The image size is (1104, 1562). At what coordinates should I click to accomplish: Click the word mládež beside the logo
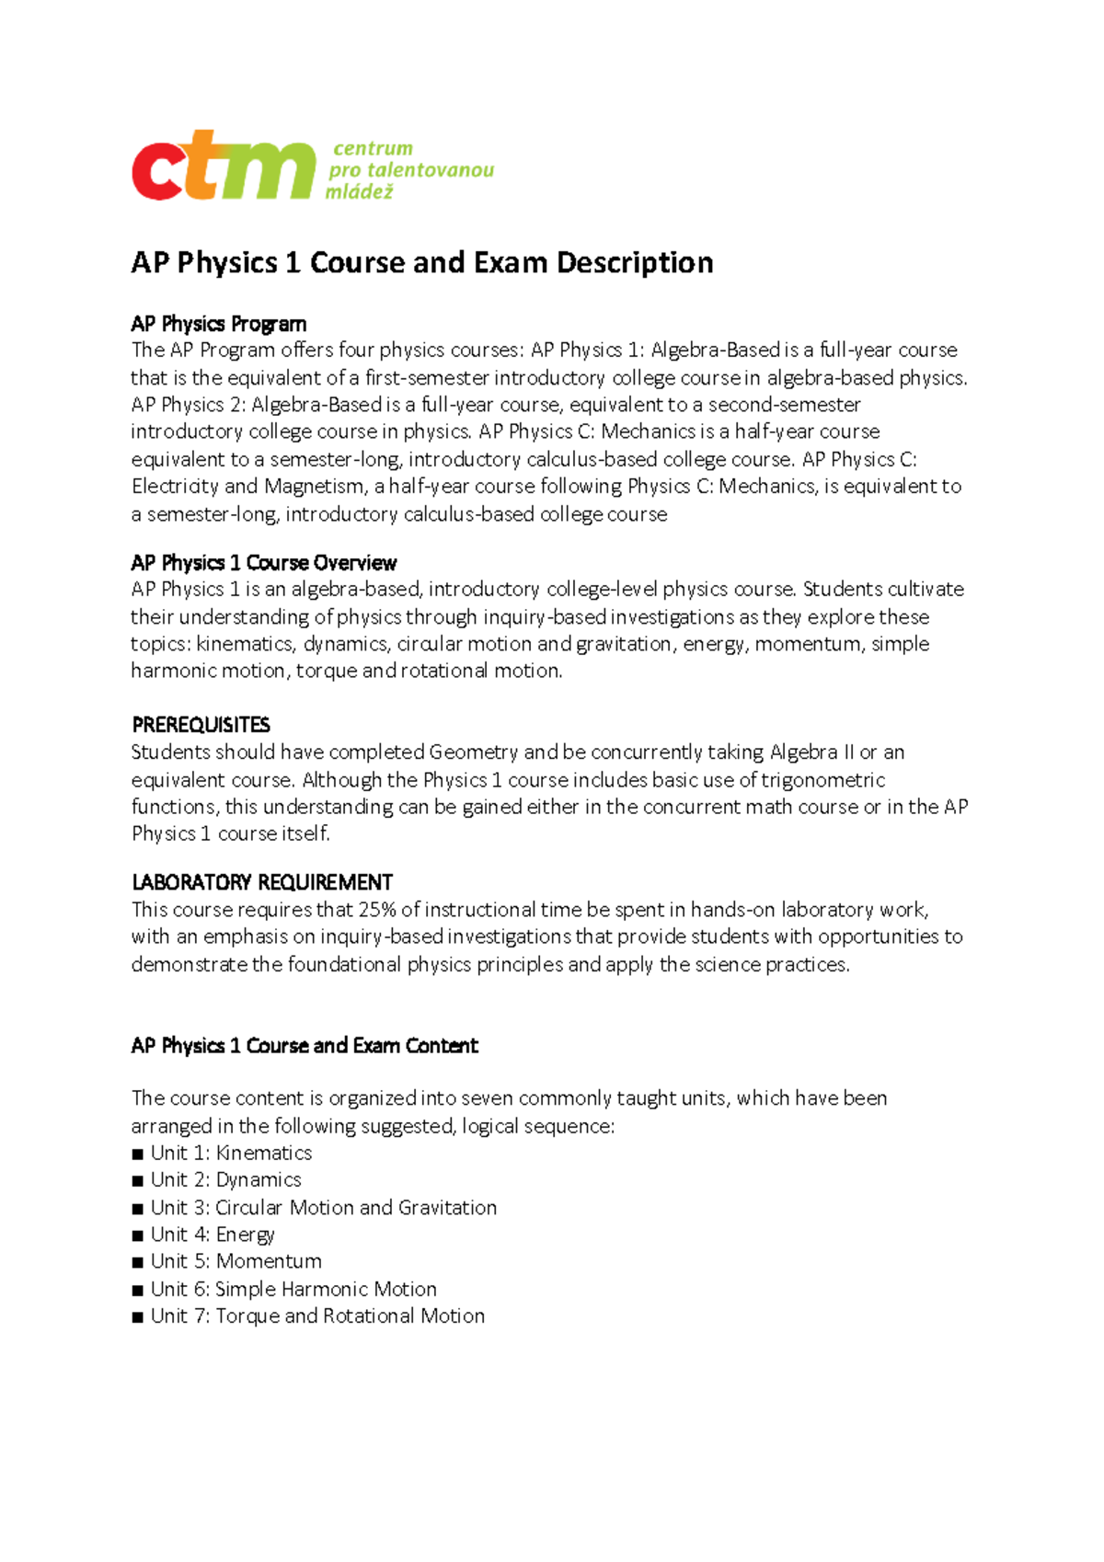click(x=359, y=191)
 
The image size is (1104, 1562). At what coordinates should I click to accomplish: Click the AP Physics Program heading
click(x=218, y=324)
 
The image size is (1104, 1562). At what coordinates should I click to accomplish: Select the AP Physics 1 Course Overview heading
click(x=263, y=563)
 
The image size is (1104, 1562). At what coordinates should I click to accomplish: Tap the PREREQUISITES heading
click(x=201, y=725)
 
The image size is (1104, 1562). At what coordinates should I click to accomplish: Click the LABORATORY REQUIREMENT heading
click(x=262, y=882)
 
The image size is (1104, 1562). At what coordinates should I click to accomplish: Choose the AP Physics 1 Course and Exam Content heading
click(x=305, y=1046)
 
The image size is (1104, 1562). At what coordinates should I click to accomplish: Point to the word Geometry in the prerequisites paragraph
click(x=473, y=752)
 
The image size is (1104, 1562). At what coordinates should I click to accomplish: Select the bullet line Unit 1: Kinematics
click(x=231, y=1153)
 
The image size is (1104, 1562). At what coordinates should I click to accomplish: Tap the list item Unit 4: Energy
click(x=213, y=1235)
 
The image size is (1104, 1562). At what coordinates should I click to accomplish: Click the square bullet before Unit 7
click(x=138, y=1317)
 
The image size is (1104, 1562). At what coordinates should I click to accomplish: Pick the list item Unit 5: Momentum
click(x=236, y=1261)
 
